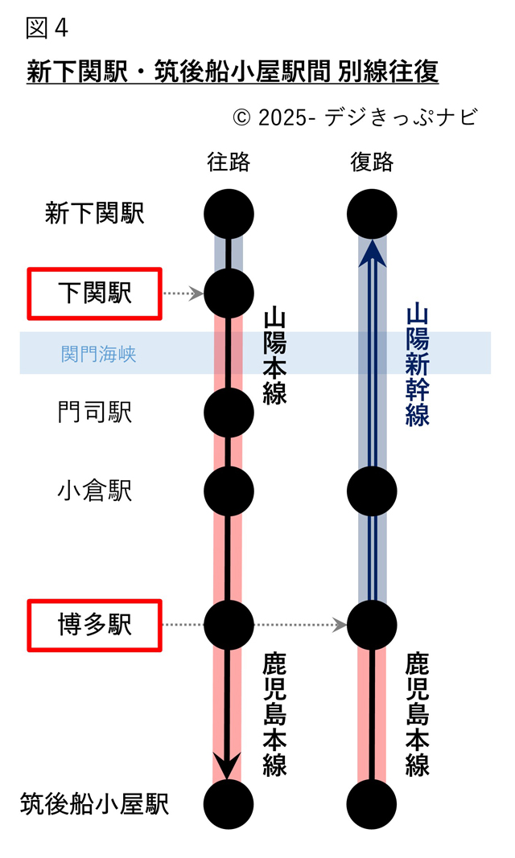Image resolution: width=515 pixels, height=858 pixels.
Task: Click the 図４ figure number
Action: [x=47, y=29]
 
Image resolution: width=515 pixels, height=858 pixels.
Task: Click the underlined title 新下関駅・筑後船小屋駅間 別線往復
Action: [x=233, y=72]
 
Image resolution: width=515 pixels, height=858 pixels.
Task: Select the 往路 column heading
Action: [x=229, y=162]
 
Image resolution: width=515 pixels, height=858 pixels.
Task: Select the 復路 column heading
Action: [x=372, y=162]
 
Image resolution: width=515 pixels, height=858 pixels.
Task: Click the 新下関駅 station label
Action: [x=95, y=214]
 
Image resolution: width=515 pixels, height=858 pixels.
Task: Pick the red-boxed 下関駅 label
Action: [x=95, y=294]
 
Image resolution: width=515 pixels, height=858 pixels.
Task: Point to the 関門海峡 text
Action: [x=99, y=354]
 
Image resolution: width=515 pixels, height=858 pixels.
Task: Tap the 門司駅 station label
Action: [x=95, y=413]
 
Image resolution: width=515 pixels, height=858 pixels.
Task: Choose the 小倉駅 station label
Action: [x=95, y=491]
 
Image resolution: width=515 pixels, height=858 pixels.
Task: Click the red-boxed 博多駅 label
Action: [x=95, y=625]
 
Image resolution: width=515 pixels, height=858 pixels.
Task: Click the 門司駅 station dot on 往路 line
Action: [x=229, y=413]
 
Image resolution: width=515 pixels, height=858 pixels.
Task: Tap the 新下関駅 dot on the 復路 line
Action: [x=372, y=214]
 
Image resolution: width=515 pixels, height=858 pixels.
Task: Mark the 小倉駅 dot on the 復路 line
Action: [x=372, y=490]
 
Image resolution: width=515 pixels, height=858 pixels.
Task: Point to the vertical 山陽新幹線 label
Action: [x=418, y=363]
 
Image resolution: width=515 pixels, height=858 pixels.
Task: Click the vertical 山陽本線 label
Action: [x=275, y=355]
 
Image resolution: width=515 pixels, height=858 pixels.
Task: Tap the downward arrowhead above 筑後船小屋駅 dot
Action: [x=229, y=765]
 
